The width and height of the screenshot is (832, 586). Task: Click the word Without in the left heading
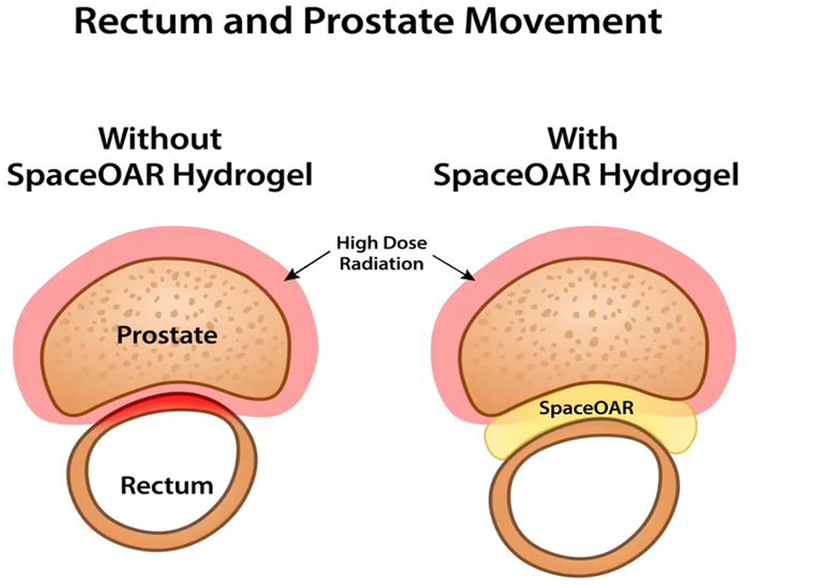[x=161, y=137]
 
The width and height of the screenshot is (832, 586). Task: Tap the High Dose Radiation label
[x=380, y=253]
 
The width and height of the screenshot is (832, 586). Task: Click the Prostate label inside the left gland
[x=166, y=336]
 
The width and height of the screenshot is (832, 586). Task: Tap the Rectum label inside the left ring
[x=166, y=485]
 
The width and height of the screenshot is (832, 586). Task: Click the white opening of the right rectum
[x=587, y=503]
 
